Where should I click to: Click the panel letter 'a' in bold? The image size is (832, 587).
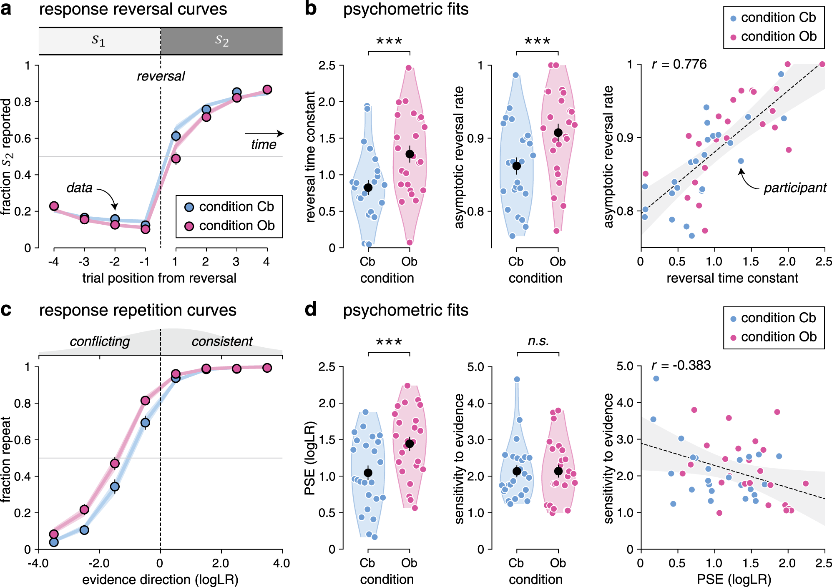[x=6, y=9]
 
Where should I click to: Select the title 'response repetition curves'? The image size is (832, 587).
[x=138, y=311]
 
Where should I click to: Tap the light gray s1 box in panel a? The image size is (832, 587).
[x=99, y=41]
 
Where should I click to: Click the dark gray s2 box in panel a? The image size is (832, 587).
[x=221, y=41]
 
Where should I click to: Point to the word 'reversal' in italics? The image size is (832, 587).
[x=161, y=76]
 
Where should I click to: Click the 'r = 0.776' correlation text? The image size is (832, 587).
[x=679, y=64]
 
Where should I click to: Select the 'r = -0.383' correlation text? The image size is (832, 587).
[x=681, y=365]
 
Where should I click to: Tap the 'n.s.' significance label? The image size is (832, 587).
[x=538, y=341]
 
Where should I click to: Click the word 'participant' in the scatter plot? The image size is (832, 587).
[x=794, y=188]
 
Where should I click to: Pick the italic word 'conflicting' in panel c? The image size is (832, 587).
[x=100, y=341]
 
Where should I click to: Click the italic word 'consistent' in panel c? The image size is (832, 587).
[x=222, y=341]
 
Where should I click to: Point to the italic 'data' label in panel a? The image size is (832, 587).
[x=79, y=188]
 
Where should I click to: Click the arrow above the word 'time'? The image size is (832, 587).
[x=264, y=133]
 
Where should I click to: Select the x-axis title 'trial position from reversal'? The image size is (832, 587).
[x=159, y=278]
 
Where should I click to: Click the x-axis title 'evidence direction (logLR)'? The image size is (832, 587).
[x=160, y=579]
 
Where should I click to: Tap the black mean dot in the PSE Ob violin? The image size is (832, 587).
[x=410, y=444]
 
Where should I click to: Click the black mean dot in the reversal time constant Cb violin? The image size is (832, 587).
[x=368, y=187]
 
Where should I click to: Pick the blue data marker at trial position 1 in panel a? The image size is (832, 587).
[x=176, y=136]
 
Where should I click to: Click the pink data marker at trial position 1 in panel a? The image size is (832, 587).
[x=176, y=158]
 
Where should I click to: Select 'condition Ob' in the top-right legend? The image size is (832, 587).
[x=778, y=37]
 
